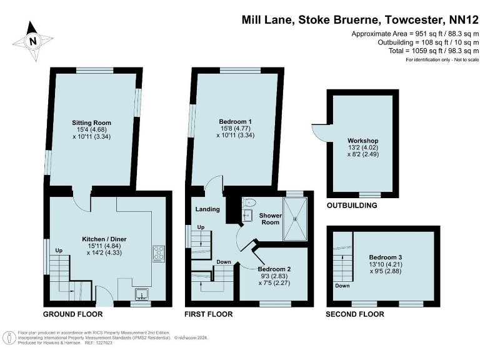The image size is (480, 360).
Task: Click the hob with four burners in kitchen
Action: click(x=158, y=253)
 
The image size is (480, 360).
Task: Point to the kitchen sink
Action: click(x=141, y=292)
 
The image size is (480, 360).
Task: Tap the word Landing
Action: click(x=207, y=209)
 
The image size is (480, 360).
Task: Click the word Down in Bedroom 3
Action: click(x=342, y=286)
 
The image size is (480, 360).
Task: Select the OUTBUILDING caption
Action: click(x=352, y=206)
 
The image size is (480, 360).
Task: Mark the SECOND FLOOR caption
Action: click(x=354, y=314)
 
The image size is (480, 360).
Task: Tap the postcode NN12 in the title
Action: click(x=459, y=19)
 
